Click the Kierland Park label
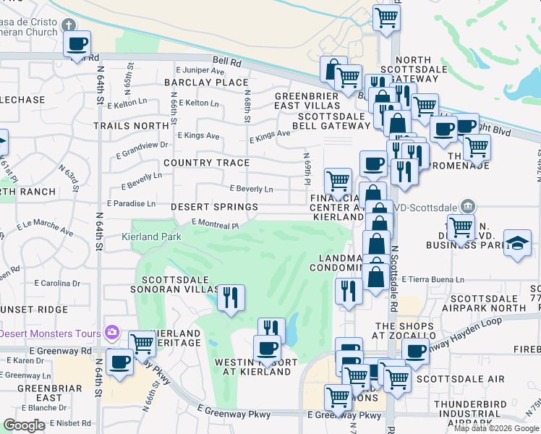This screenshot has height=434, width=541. [152, 237]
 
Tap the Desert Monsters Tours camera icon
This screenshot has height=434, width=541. [111, 333]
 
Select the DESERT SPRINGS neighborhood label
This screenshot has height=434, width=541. [214, 207]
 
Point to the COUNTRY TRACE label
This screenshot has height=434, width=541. [206, 163]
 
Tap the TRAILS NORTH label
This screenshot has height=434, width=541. [131, 126]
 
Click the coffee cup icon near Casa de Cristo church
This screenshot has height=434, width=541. [77, 44]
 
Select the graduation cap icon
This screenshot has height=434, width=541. [517, 243]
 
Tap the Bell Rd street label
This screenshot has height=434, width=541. [226, 62]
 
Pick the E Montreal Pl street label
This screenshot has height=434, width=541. [215, 225]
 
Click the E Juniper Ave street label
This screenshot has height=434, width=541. [200, 71]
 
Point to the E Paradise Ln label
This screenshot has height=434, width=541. [131, 204]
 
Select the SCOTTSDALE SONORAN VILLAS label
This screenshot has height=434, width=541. [178, 284]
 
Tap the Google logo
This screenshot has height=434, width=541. [24, 425]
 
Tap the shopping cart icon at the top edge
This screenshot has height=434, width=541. [387, 17]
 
